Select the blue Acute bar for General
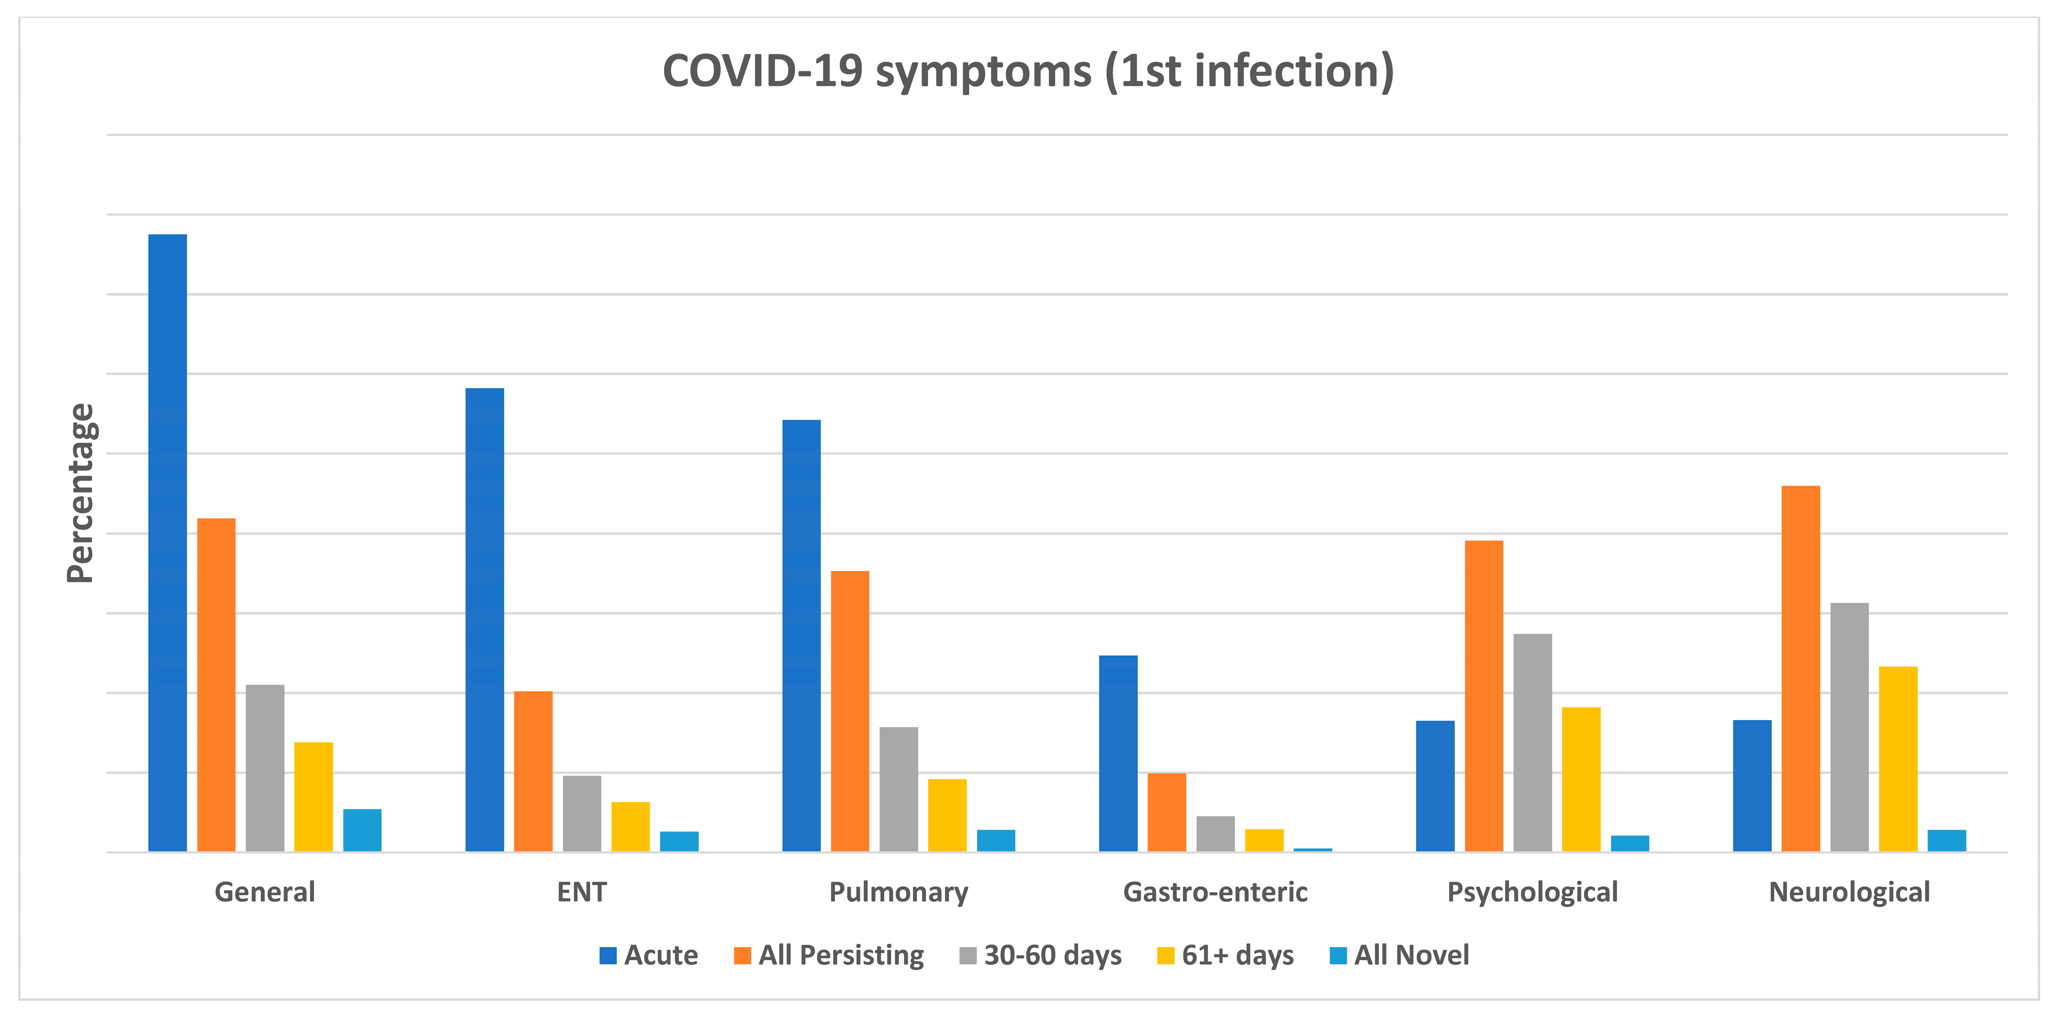coord(168,543)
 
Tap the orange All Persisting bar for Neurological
coord(1801,669)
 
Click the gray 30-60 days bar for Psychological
coord(1532,743)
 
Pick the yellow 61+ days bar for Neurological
coord(1898,759)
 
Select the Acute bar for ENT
coord(485,620)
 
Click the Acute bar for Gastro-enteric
coord(1118,753)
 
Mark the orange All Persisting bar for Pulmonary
coord(850,711)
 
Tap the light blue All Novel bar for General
coord(363,830)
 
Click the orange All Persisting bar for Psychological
coord(1484,696)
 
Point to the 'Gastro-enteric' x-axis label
coord(1215,892)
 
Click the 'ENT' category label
coord(582,892)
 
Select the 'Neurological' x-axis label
coord(1849,892)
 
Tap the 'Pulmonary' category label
coord(899,892)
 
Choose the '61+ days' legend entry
coord(1237,955)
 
